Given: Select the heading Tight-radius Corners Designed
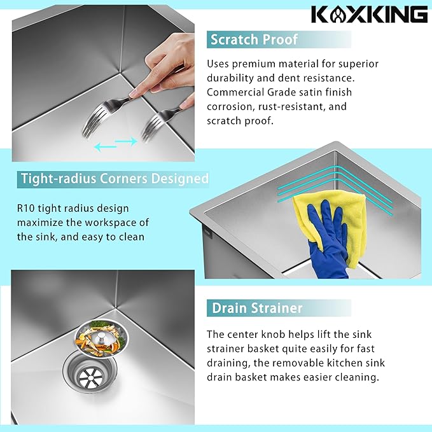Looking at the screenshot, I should pyautogui.click(x=115, y=179).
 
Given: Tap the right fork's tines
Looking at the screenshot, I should pyautogui.click(x=153, y=127).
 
